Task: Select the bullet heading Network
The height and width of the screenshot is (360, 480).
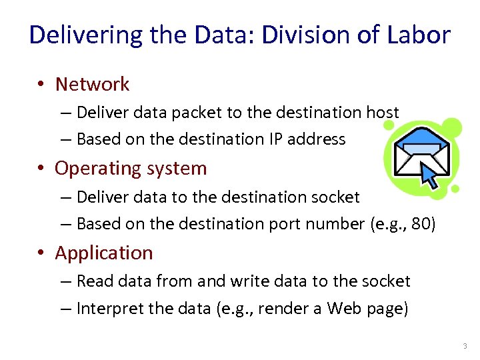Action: (x=92, y=84)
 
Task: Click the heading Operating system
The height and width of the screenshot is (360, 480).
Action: (x=131, y=168)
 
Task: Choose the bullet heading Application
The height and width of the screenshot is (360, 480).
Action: (x=104, y=253)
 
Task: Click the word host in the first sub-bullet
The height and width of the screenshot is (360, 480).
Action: (x=383, y=113)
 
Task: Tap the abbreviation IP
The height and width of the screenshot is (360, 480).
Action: (x=277, y=139)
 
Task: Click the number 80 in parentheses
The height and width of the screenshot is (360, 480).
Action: (x=421, y=224)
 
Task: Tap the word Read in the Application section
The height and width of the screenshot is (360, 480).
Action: (x=92, y=281)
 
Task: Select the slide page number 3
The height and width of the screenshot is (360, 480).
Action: (x=465, y=346)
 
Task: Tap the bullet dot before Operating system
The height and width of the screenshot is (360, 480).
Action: (x=41, y=169)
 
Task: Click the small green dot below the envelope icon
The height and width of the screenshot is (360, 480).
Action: (x=455, y=189)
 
